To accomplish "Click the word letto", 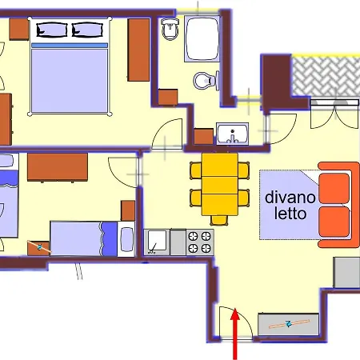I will click(x=289, y=214).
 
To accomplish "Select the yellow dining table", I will click(x=217, y=187).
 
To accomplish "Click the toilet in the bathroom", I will click(x=205, y=79).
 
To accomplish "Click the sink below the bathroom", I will click(x=232, y=133).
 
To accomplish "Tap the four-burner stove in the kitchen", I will click(x=200, y=242).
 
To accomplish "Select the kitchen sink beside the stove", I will click(x=156, y=242).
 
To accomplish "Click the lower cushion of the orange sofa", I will click(x=336, y=220).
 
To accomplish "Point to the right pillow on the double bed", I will click(x=88, y=30).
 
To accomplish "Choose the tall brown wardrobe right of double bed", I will click(x=138, y=50).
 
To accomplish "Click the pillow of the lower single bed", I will click(x=126, y=238).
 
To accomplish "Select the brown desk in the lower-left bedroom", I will click(x=57, y=168).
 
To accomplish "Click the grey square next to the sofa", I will click(x=346, y=273).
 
